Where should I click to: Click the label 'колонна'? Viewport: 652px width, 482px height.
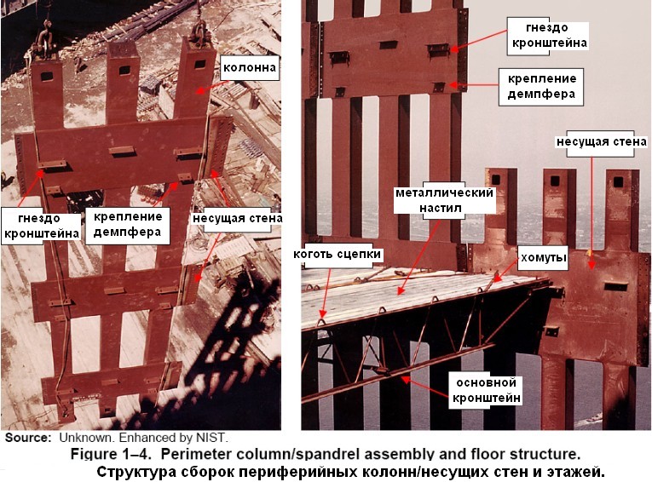coord(250,68)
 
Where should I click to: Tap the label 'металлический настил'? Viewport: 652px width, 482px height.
coord(444,200)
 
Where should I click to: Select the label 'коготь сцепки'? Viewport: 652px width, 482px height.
coord(337,254)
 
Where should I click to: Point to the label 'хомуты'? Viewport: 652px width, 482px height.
coord(543,257)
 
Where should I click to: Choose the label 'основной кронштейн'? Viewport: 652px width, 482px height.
coord(486,390)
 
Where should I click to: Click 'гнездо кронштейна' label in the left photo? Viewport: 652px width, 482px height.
coord(41,226)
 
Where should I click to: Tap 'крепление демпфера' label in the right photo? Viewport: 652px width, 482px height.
coord(541,86)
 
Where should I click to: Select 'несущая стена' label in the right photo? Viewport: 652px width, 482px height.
coord(601,142)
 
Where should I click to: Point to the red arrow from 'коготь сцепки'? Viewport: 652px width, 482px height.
coord(326,293)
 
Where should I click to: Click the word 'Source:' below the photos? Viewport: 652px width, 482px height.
coord(28,438)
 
